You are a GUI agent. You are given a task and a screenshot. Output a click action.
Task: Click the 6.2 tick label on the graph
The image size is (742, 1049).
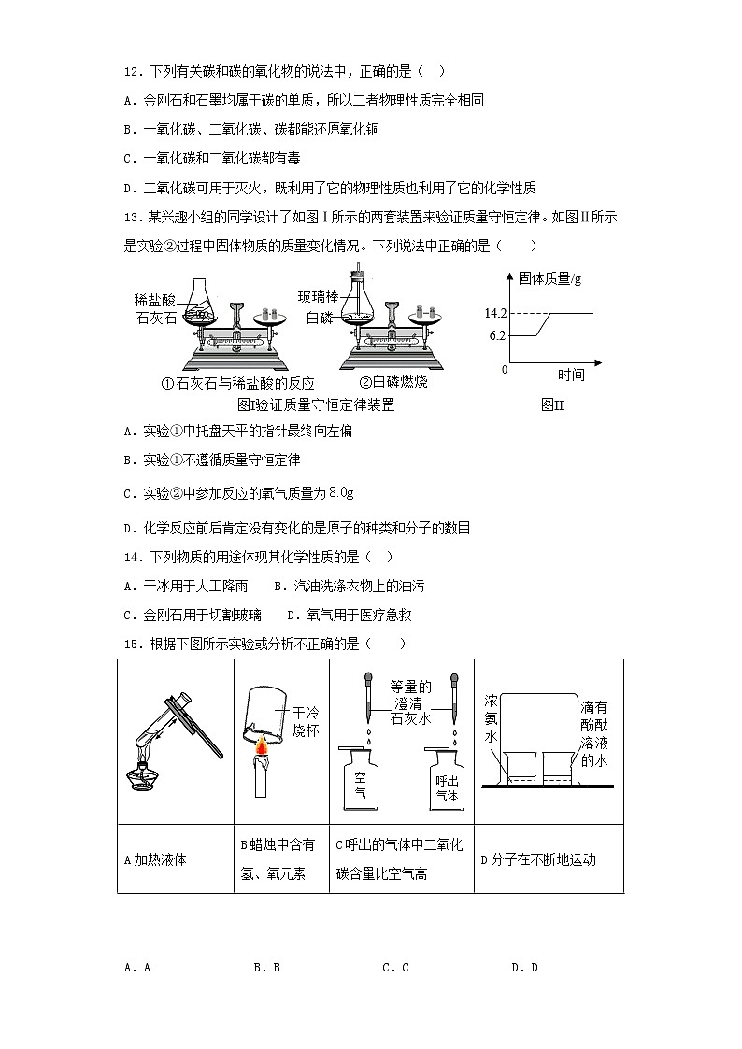click(x=496, y=335)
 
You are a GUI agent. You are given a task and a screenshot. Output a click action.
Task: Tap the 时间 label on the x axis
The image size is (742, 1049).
click(x=571, y=375)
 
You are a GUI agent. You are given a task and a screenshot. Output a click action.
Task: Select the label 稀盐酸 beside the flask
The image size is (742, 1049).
click(x=154, y=300)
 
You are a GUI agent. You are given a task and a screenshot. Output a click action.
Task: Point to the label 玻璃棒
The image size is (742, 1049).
click(x=317, y=296)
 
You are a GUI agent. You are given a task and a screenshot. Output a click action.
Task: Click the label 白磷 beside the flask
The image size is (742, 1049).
click(x=321, y=318)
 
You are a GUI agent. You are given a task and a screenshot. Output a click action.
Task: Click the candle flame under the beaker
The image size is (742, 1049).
click(x=262, y=745)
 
